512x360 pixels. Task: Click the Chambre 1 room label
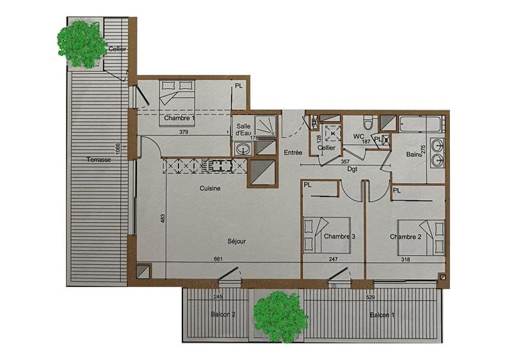179,118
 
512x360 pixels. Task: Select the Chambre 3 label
339,237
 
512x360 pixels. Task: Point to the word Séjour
236,241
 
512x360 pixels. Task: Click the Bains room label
413,155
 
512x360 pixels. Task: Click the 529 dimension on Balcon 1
369,297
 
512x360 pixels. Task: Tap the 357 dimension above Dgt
347,162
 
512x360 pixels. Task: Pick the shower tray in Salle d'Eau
264,125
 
